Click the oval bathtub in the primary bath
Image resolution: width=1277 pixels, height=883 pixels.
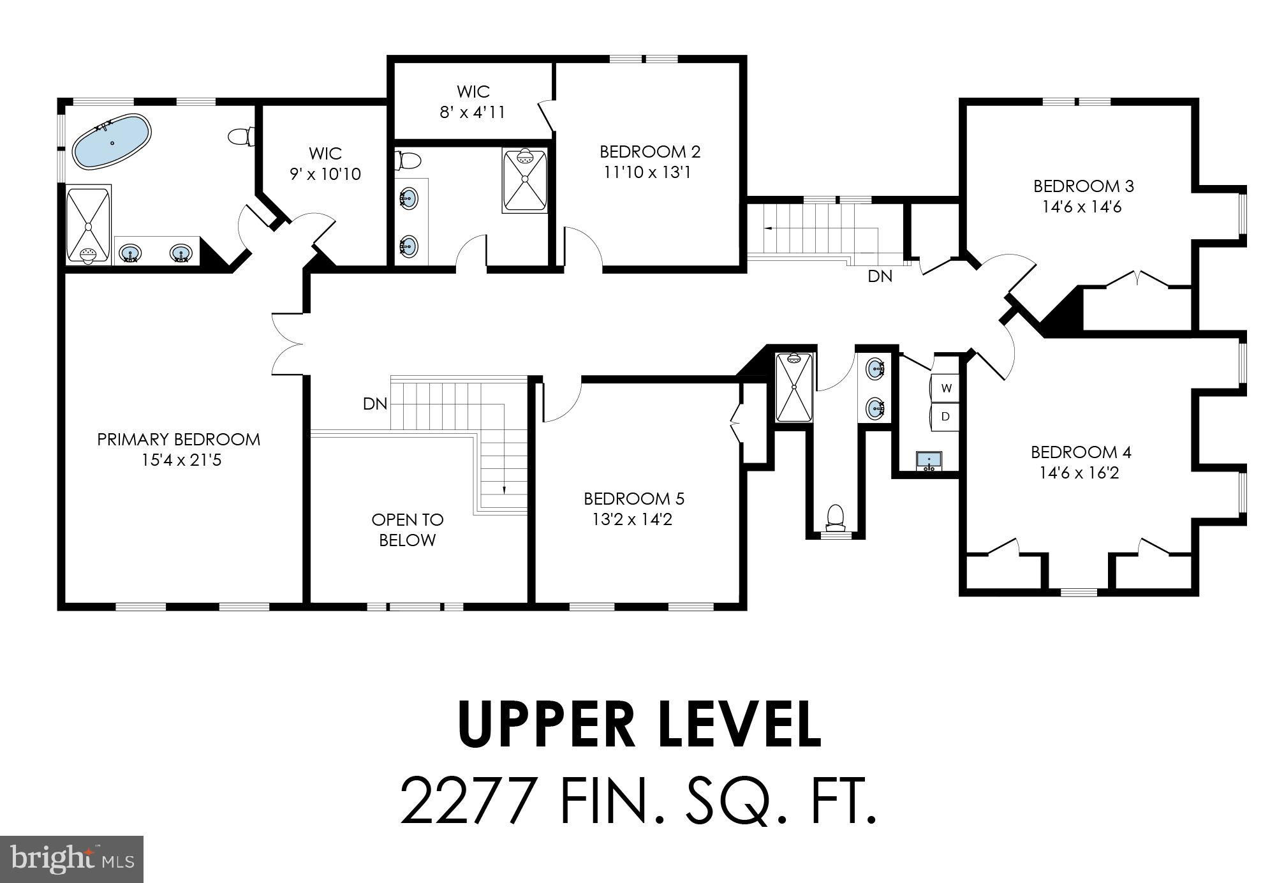(x=112, y=142)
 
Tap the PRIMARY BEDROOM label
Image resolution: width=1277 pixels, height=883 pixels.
(x=179, y=440)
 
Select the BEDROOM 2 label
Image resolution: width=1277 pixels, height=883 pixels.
(x=650, y=152)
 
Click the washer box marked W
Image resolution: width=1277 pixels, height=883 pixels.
(x=946, y=387)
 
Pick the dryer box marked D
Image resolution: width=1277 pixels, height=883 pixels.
(x=946, y=416)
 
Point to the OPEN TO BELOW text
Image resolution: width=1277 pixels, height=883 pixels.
(x=408, y=530)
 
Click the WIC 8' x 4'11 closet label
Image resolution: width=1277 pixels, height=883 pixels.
(x=473, y=101)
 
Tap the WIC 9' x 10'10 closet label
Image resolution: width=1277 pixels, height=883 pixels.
(x=325, y=164)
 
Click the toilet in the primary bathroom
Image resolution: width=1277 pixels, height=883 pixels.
(x=241, y=137)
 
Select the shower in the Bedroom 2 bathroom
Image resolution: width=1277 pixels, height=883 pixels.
(x=525, y=181)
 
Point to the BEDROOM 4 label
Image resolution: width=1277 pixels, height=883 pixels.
(x=1081, y=452)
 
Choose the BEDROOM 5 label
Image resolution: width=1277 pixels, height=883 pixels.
(x=634, y=498)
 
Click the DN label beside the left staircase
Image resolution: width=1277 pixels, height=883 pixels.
(x=375, y=404)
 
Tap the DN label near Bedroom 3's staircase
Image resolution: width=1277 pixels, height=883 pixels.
(x=880, y=276)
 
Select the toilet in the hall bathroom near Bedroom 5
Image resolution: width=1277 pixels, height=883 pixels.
(x=835, y=517)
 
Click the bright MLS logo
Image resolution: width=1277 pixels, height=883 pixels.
(x=71, y=859)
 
